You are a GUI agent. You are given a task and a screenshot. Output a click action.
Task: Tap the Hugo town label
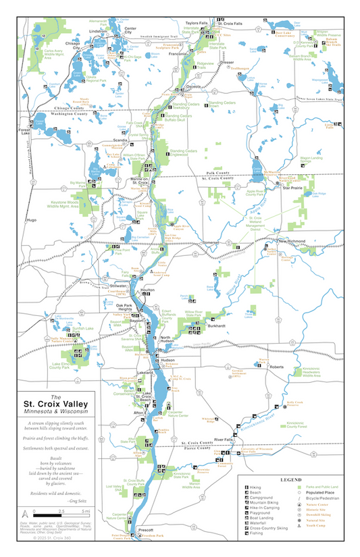(x=31, y=220)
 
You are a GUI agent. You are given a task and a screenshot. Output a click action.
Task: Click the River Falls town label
(x=222, y=440)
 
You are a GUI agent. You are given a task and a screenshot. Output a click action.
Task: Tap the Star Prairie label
(x=292, y=188)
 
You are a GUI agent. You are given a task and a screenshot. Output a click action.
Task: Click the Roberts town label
(x=277, y=367)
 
